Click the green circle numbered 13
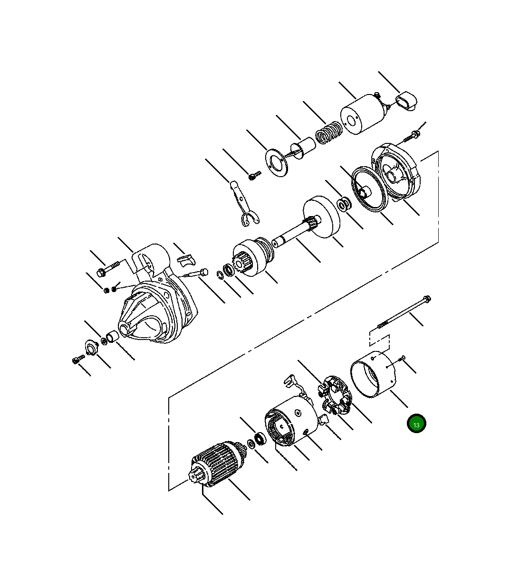pyautogui.click(x=416, y=424)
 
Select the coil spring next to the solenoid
pyautogui.click(x=328, y=132)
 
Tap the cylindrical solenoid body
pyautogui.click(x=363, y=114)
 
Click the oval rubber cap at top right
pyautogui.click(x=406, y=101)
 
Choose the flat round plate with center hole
pyautogui.click(x=276, y=163)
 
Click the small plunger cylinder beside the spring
pyautogui.click(x=303, y=148)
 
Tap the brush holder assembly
pyautogui.click(x=335, y=395)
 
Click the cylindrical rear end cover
pyautogui.click(x=373, y=374)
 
